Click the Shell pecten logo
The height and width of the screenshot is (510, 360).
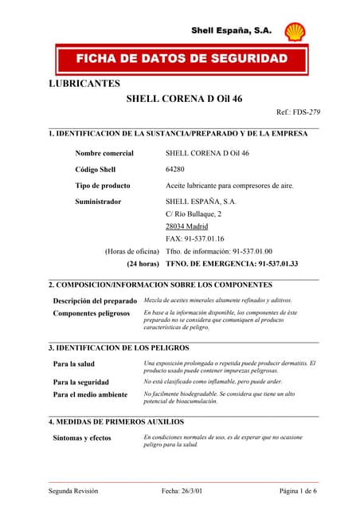click(x=295, y=31)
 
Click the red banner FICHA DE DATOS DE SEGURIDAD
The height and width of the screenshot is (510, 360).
click(x=181, y=60)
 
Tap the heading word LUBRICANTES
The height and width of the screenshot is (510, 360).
click(x=84, y=83)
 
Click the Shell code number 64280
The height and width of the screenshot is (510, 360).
click(x=175, y=169)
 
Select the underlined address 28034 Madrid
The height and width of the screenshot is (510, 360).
click(x=186, y=226)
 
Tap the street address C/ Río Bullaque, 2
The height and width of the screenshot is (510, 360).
click(x=194, y=214)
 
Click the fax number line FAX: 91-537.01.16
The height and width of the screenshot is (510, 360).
click(x=194, y=238)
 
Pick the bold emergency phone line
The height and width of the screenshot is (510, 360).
click(x=231, y=263)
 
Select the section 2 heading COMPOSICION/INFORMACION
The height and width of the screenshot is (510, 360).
click(x=160, y=284)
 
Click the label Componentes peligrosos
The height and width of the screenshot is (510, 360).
click(x=91, y=314)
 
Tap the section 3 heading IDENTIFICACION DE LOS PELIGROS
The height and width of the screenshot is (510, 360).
click(x=119, y=348)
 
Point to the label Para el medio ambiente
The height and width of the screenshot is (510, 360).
click(x=90, y=394)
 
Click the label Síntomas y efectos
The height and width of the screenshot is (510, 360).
click(x=82, y=438)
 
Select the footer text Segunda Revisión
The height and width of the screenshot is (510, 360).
click(x=73, y=492)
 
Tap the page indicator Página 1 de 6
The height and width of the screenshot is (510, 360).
click(x=298, y=492)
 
